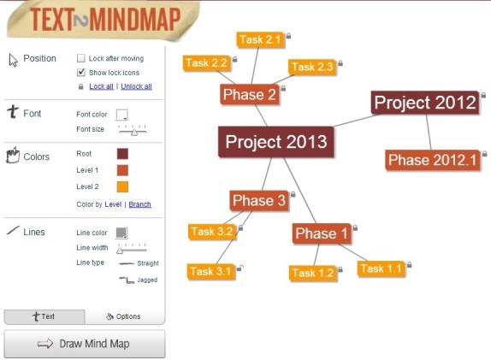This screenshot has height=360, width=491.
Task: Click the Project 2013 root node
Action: tap(275, 141)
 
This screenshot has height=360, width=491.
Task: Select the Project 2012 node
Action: tap(425, 103)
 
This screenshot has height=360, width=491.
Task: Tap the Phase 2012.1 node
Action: tap(431, 160)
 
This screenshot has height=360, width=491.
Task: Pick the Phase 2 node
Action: tap(249, 95)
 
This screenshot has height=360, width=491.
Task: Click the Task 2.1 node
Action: tap(260, 39)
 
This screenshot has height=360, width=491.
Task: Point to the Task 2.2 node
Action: tap(206, 62)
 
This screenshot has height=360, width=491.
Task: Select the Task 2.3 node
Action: tap(311, 67)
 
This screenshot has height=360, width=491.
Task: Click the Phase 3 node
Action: tap(259, 201)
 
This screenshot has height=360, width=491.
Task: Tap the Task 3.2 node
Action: tap(212, 231)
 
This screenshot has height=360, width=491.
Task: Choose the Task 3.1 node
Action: tap(211, 271)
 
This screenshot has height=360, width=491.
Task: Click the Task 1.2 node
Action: tap(312, 273)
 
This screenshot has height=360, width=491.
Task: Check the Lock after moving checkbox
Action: tap(81, 59)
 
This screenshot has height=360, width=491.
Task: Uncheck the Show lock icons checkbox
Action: tap(81, 73)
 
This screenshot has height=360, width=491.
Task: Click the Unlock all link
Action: tap(137, 86)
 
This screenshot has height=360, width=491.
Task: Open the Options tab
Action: tap(124, 316)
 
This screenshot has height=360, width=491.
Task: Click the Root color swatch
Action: tap(122, 154)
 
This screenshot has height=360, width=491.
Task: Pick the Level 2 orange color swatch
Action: tap(122, 186)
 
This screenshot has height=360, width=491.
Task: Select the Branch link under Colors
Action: tap(139, 204)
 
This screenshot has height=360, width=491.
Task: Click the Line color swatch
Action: tap(122, 233)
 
